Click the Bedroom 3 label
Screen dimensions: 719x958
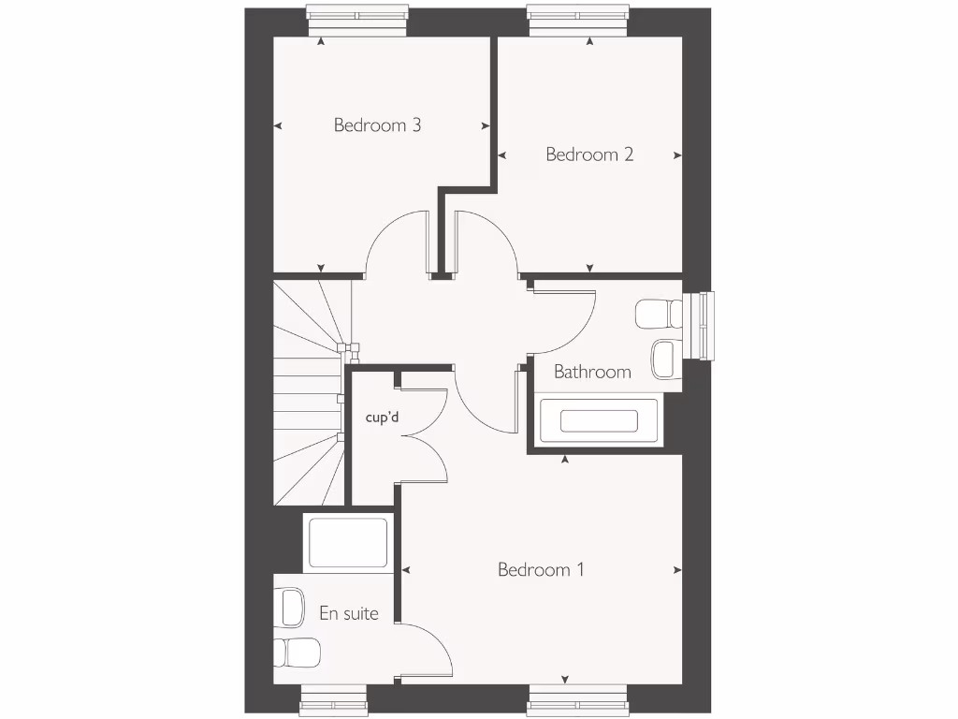[x=377, y=125]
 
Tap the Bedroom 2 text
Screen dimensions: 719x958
[x=589, y=154]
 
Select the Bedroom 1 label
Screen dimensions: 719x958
[x=541, y=569]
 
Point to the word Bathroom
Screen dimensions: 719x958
[x=592, y=372]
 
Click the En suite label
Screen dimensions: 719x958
[x=349, y=613]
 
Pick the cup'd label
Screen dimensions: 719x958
[x=382, y=417]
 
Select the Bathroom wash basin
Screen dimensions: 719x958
[x=663, y=357]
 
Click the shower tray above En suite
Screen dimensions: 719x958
[x=347, y=543]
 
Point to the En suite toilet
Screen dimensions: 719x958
[x=298, y=650]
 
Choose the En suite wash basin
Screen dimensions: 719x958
[x=291, y=607]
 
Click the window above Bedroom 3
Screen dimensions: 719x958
[x=359, y=21]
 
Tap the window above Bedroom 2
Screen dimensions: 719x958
[x=576, y=21]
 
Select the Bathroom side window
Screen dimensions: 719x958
[x=698, y=326]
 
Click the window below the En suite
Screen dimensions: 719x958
[x=334, y=698]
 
